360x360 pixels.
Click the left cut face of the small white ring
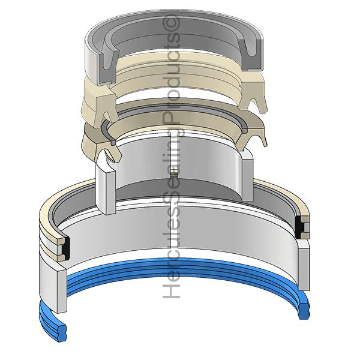[x=106, y=186]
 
